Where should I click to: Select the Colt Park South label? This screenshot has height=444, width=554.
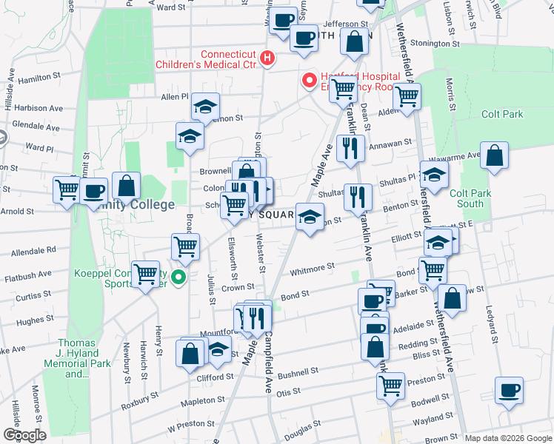[x=470, y=198]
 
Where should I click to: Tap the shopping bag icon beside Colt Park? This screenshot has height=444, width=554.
[x=494, y=155]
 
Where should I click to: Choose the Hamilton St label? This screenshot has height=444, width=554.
[x=40, y=76]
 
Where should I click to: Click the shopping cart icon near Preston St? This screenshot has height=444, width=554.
[x=390, y=384]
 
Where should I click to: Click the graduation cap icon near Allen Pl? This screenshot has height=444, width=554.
[x=205, y=107]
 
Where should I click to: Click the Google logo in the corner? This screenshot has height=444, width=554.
[x=24, y=435]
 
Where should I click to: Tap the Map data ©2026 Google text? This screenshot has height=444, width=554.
[x=507, y=438]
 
